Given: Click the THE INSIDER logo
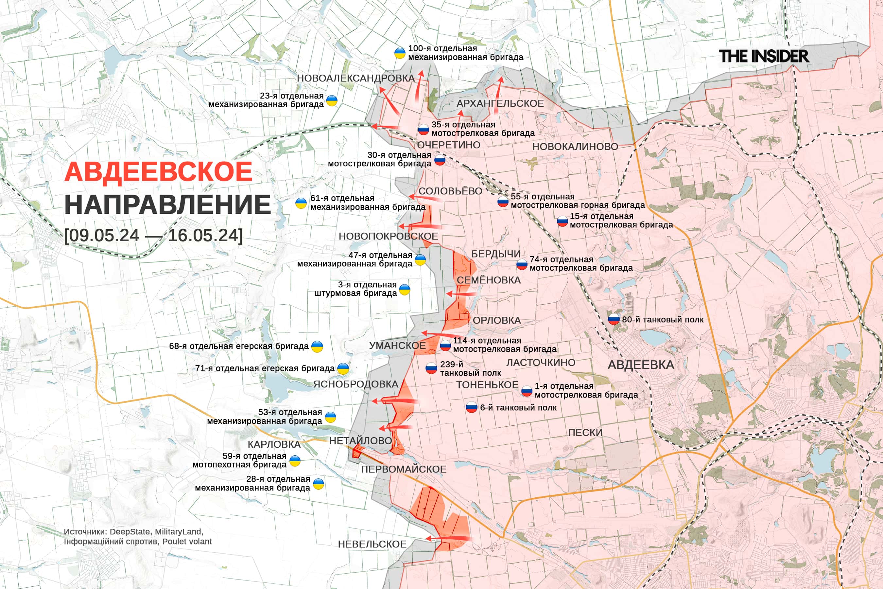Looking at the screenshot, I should (x=764, y=56).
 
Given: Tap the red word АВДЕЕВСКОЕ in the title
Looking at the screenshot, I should (x=158, y=172).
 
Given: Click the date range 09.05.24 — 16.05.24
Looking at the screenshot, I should (x=154, y=236).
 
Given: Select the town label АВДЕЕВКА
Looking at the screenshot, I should (x=641, y=365).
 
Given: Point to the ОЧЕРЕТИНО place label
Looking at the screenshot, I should (x=448, y=145).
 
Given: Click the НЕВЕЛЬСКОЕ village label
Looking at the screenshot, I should (x=372, y=544).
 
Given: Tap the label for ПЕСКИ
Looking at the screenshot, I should (x=585, y=433).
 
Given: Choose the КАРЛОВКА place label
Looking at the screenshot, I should (x=274, y=444).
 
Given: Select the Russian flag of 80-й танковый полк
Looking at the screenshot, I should (x=614, y=319).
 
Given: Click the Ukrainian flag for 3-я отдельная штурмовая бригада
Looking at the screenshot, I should (x=404, y=290).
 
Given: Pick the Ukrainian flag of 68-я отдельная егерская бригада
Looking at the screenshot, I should (x=317, y=346).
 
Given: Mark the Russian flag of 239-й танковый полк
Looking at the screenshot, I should (x=431, y=368).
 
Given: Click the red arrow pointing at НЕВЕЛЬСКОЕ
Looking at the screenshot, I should (x=447, y=539).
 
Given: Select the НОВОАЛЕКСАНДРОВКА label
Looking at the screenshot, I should (x=355, y=78).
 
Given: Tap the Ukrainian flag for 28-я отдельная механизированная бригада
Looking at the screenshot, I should (x=318, y=484).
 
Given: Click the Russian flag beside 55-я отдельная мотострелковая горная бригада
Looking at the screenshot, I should (x=503, y=201).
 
